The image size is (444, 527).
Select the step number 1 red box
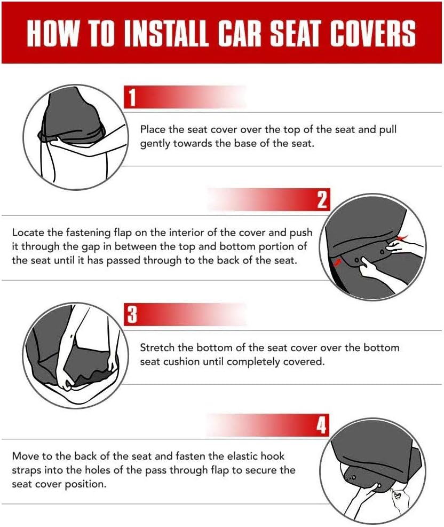tap(132, 98)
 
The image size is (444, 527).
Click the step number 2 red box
tap(321, 200)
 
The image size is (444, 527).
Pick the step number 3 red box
tap(132, 315)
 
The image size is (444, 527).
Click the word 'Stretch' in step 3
tap(156, 347)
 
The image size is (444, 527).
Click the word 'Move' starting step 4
tap(25, 456)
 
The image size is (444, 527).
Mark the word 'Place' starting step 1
tap(153, 130)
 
